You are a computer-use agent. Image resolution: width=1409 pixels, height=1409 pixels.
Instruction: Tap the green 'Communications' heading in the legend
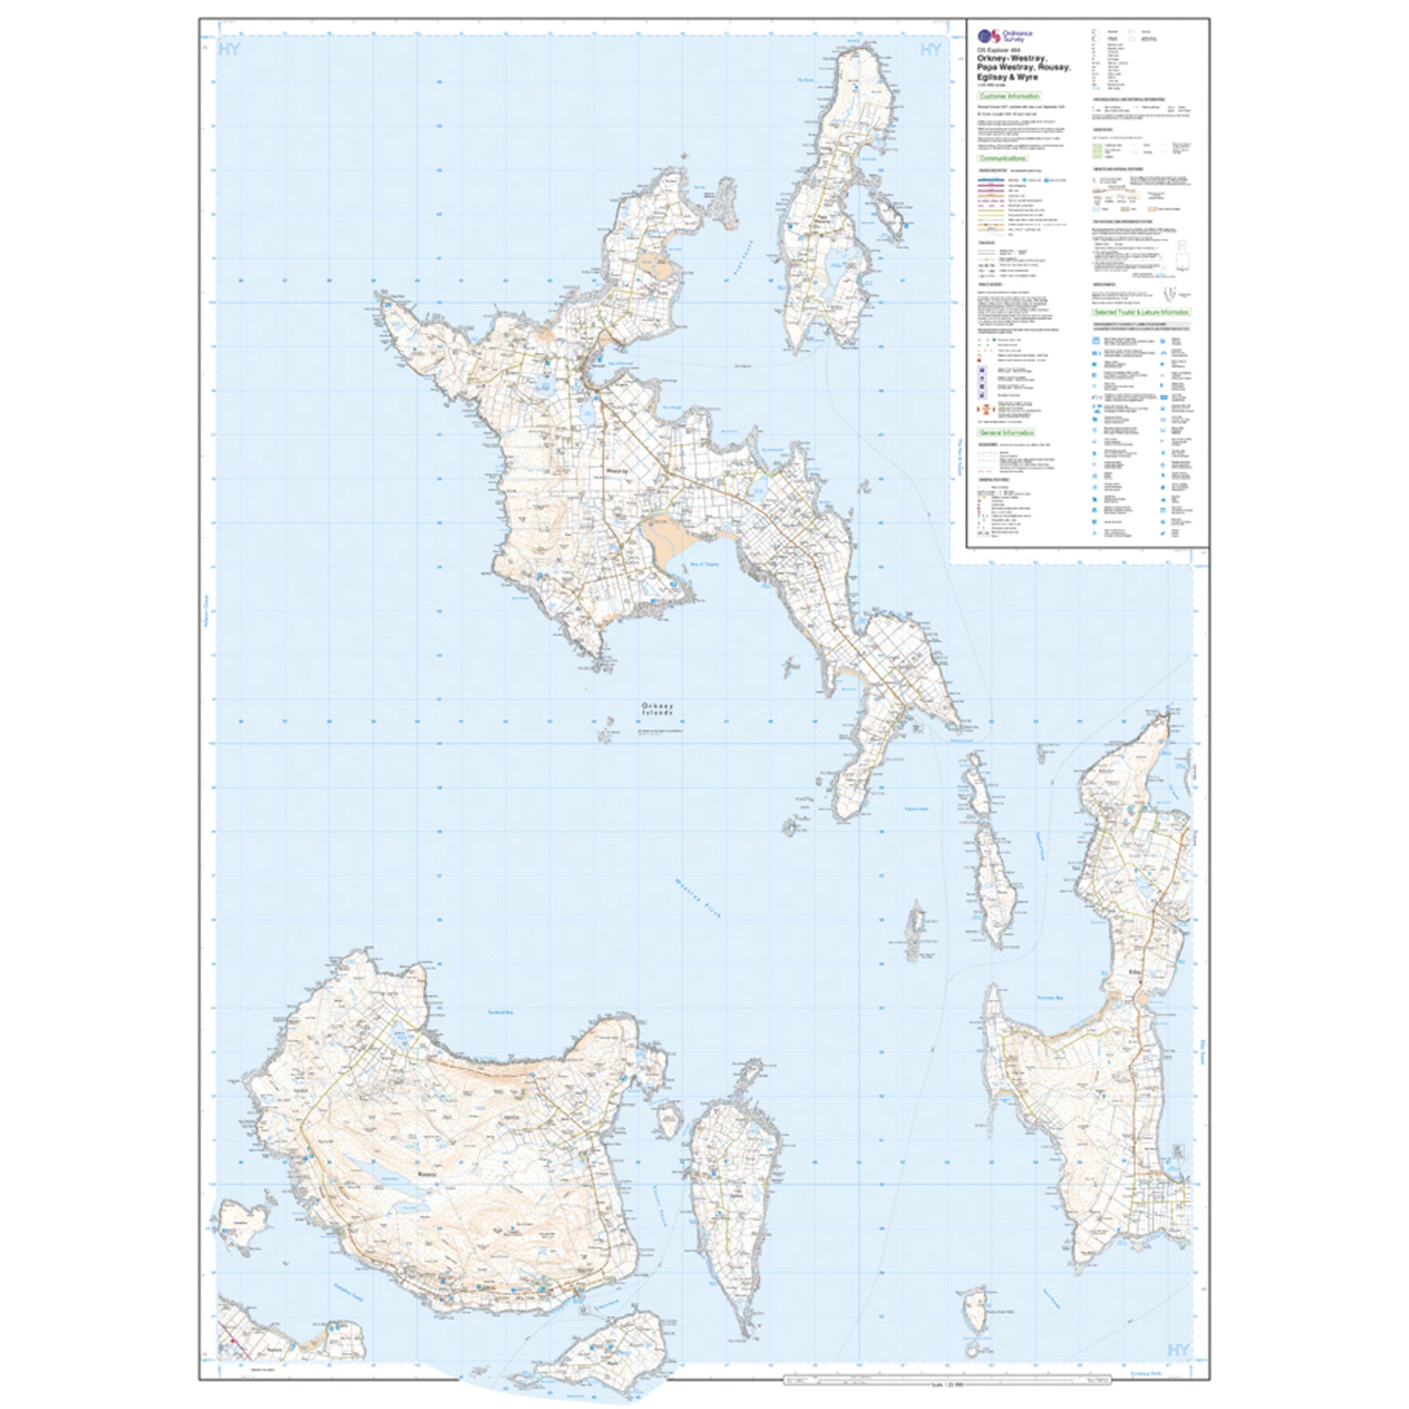[x=1006, y=157]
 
